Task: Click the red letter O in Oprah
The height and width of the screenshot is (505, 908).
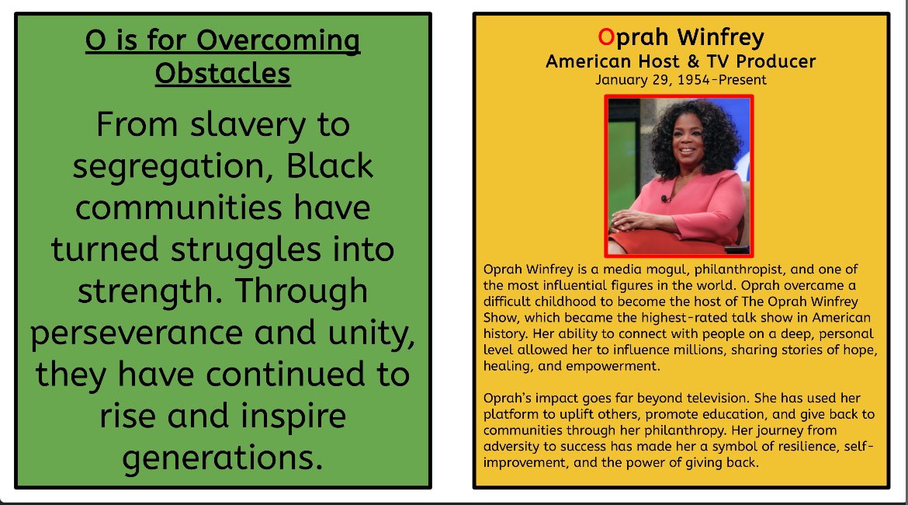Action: [x=606, y=37]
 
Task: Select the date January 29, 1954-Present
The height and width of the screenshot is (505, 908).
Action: [x=681, y=79]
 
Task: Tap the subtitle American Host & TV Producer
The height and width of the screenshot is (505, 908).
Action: [x=681, y=61]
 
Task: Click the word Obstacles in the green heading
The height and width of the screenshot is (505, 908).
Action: [x=223, y=74]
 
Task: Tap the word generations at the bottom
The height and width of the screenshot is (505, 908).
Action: [x=222, y=458]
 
